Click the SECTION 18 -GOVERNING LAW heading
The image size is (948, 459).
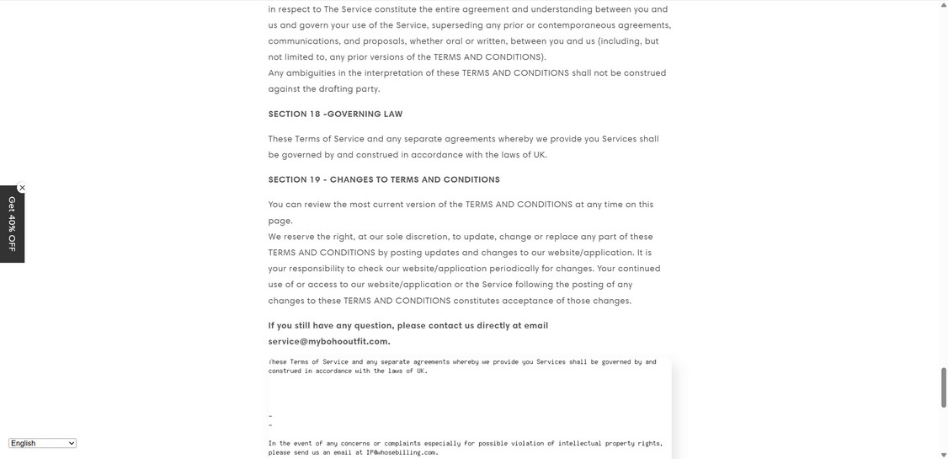click(x=335, y=114)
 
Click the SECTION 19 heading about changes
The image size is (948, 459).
click(x=384, y=179)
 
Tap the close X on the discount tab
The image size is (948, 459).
click(x=22, y=188)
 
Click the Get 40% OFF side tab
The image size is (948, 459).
click(x=12, y=224)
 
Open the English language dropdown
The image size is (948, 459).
click(x=42, y=443)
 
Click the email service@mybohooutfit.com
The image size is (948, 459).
click(x=328, y=341)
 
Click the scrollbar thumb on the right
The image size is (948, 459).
click(x=943, y=387)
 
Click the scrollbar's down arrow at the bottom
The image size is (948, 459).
click(x=943, y=455)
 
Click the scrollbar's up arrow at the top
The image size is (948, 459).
click(x=943, y=5)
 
